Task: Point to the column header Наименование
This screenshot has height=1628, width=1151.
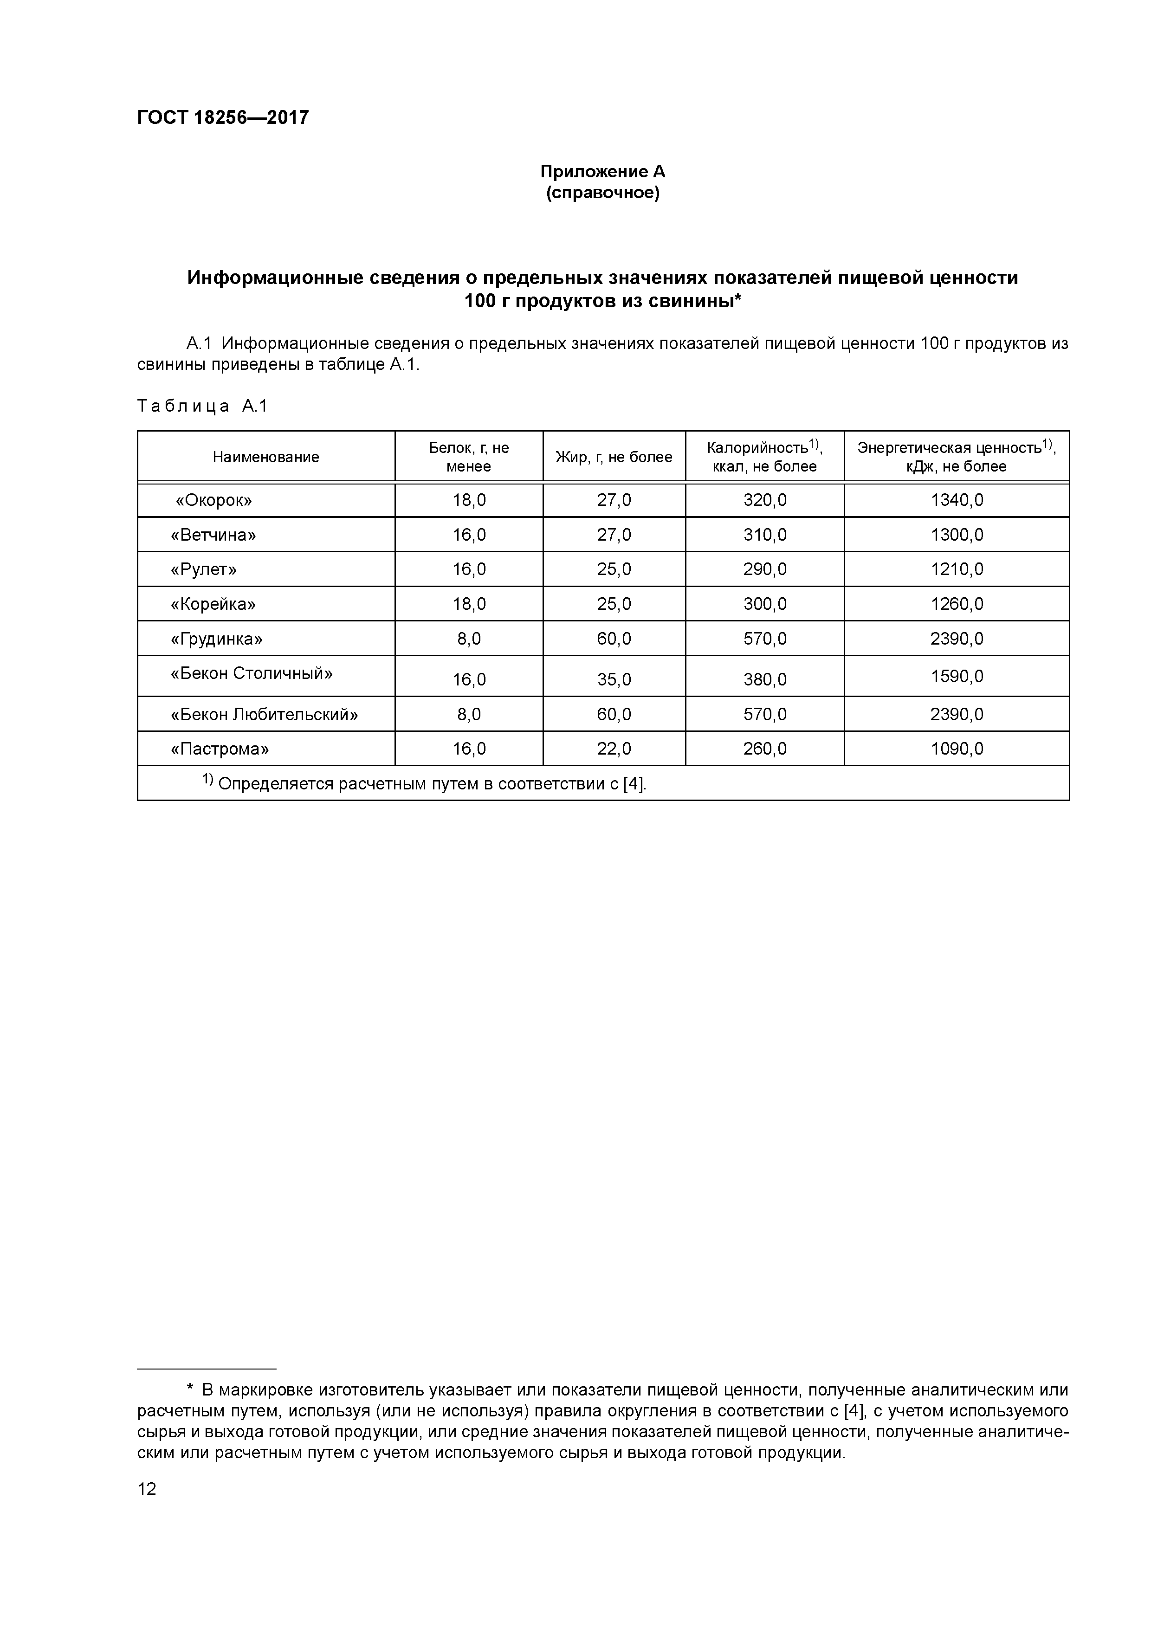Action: [266, 457]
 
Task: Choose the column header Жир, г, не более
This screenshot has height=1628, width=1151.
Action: [614, 457]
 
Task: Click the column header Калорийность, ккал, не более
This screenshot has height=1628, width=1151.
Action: [764, 457]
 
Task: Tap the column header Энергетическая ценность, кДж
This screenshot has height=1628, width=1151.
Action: [956, 457]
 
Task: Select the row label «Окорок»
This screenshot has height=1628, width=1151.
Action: [213, 501]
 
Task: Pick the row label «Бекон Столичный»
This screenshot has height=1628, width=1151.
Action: [251, 673]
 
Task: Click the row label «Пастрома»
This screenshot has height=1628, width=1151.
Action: [220, 749]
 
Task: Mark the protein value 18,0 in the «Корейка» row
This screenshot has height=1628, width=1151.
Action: [469, 604]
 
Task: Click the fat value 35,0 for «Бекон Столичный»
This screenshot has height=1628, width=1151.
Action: [614, 680]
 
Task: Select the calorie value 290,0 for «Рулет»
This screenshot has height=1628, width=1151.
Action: [764, 569]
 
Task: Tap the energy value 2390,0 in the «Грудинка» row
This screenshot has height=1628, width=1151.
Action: [956, 639]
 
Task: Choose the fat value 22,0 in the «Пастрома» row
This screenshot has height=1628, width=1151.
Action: [614, 749]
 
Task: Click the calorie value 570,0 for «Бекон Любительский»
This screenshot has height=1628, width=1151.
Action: [764, 714]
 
